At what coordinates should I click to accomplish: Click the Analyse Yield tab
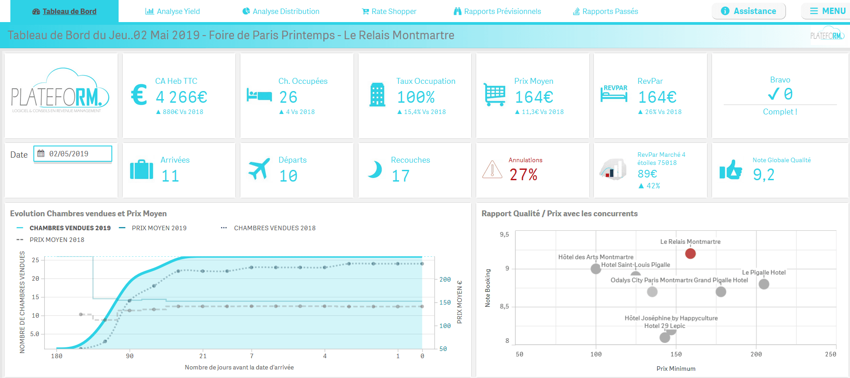pos(173,11)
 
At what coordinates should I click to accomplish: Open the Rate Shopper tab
pos(389,11)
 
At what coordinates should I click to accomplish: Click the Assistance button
pos(749,11)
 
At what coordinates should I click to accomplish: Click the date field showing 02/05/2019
pos(73,154)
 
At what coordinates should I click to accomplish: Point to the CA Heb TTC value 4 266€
pos(181,97)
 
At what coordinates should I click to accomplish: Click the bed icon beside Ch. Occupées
pos(259,96)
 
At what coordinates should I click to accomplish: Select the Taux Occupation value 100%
pos(416,97)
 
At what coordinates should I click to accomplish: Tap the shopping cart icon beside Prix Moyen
pos(494,94)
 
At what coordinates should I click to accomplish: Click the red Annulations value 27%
pos(524,174)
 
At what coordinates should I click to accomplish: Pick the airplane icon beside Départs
pos(259,169)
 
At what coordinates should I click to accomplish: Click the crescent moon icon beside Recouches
pos(375,170)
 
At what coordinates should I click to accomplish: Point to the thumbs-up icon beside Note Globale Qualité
pos(731,170)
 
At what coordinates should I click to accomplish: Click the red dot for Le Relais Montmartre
pos(690,254)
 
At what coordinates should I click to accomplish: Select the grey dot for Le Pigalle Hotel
pos(764,284)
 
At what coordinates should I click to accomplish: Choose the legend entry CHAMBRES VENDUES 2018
pos(274,228)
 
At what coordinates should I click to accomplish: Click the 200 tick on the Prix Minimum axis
pos(756,354)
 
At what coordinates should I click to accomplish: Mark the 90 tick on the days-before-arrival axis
pos(130,356)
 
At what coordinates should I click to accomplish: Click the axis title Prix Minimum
pos(675,369)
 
